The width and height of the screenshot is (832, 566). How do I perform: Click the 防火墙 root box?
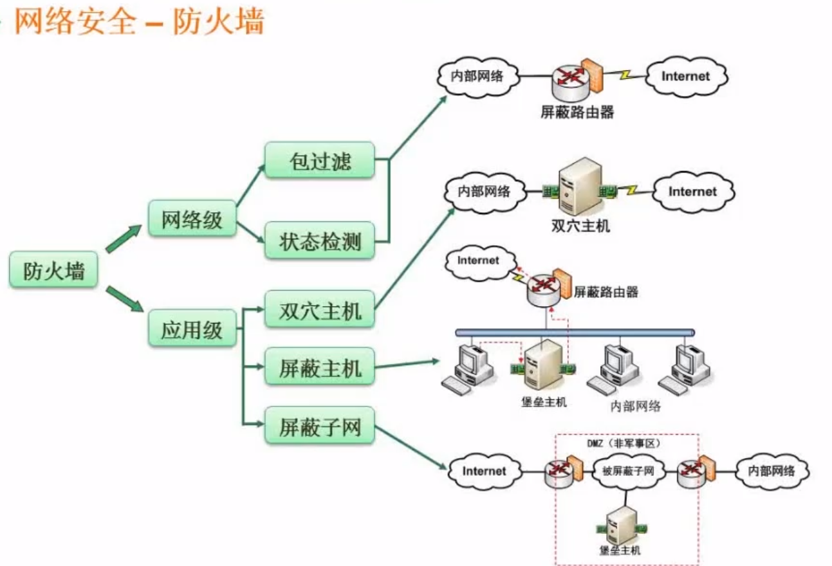pyautogui.click(x=54, y=270)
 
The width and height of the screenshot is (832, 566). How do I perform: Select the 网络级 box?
pyautogui.click(x=192, y=219)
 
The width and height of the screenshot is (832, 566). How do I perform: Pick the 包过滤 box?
pyautogui.click(x=320, y=160)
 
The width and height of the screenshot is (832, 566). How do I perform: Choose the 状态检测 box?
pyautogui.click(x=320, y=241)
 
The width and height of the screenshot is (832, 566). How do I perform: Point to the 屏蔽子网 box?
pyautogui.click(x=320, y=425)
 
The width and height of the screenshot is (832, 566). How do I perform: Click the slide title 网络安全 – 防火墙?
pyautogui.click(x=138, y=23)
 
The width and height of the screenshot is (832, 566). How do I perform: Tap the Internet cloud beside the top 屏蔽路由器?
pyautogui.click(x=685, y=76)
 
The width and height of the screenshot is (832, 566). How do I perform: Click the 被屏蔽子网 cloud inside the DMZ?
pyautogui.click(x=627, y=471)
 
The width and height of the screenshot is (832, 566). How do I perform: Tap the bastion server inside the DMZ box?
pyautogui.click(x=622, y=524)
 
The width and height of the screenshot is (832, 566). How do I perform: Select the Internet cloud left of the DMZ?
pyautogui.click(x=484, y=471)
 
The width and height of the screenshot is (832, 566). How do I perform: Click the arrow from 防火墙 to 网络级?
pyautogui.click(x=123, y=239)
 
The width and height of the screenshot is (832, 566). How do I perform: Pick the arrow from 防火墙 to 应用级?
pyautogui.click(x=124, y=299)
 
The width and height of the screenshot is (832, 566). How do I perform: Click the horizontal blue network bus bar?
pyautogui.click(x=575, y=333)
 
